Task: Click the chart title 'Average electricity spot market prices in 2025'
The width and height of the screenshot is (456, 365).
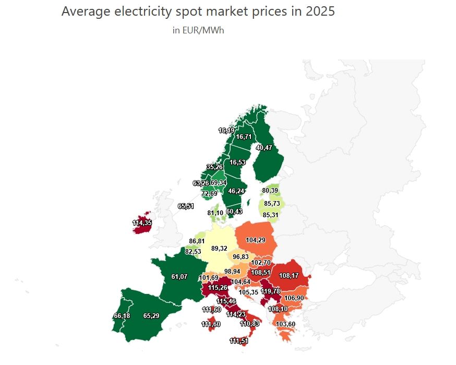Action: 198,11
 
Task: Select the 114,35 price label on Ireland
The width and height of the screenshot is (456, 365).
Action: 142,223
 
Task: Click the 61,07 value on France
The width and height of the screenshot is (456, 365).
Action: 179,276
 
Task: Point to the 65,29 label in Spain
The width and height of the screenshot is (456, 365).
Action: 151,316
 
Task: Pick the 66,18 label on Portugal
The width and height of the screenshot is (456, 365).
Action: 122,316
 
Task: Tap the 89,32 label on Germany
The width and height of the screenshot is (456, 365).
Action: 219,249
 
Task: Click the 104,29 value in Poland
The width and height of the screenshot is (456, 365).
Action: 255,240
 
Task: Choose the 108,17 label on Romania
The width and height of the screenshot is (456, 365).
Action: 289,275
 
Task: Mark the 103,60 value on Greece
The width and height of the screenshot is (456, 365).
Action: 286,324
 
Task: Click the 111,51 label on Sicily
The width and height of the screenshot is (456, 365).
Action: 239,341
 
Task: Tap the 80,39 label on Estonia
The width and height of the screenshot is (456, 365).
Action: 270,191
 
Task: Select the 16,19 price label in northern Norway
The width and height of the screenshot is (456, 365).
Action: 226,130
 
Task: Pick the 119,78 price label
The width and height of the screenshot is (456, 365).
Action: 270,291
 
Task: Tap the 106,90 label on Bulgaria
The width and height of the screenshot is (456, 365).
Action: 294,298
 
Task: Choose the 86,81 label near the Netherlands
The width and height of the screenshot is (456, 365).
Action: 197,241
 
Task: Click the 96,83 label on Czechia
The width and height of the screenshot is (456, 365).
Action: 241,257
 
